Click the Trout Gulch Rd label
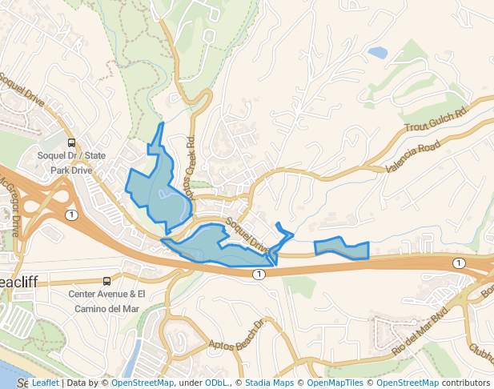click(x=435, y=121)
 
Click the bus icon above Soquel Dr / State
click(x=71, y=143)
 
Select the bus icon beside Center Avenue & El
click(x=106, y=281)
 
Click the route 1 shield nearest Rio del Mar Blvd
click(x=458, y=263)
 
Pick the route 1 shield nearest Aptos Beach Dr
click(x=259, y=274)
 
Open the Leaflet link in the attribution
click(x=45, y=383)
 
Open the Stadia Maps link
click(x=269, y=383)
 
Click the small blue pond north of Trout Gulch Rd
click(x=377, y=53)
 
